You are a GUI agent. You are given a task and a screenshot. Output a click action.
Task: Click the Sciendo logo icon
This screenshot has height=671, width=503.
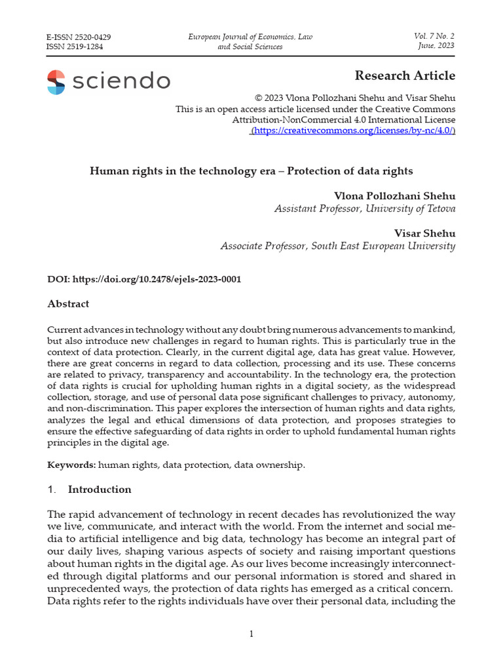click(56, 82)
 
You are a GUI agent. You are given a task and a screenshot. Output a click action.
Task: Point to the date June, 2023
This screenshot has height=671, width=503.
click(436, 45)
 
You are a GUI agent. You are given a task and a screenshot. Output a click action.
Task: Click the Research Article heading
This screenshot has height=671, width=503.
click(405, 75)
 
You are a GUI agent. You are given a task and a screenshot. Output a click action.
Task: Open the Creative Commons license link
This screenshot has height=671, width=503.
click(354, 131)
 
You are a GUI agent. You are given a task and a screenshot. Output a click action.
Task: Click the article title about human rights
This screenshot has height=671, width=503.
click(251, 171)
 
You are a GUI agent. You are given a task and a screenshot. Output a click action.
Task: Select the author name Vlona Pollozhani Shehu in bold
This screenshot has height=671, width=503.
click(394, 196)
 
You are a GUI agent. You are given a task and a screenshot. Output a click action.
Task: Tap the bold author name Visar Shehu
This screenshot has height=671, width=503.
click(424, 233)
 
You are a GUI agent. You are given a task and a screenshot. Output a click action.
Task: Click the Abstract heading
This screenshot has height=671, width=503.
click(68, 304)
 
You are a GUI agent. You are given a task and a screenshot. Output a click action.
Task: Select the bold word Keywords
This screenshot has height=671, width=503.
click(71, 465)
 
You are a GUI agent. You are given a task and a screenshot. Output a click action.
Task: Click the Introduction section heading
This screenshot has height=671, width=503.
click(100, 489)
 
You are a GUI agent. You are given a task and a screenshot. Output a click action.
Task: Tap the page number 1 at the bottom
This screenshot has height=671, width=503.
click(251, 634)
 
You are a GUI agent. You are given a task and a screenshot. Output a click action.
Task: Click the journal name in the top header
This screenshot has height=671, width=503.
click(251, 41)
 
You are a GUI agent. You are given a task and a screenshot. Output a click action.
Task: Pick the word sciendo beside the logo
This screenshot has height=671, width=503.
click(122, 82)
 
